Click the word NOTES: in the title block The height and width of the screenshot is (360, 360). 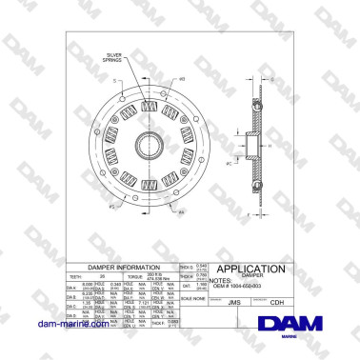click(x=220, y=281)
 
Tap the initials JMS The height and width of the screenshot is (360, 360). click(x=234, y=301)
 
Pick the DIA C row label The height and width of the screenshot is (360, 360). click(x=71, y=307)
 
